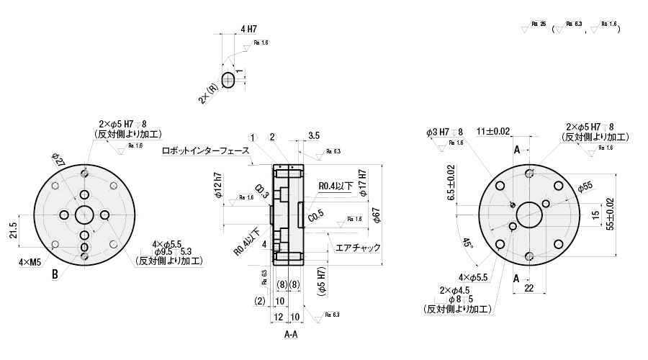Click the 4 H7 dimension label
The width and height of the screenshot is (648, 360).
tap(248, 30)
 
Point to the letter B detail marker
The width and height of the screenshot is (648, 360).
tap(54, 274)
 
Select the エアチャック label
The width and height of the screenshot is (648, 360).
tap(358, 248)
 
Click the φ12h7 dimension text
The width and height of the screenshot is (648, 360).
tap(217, 186)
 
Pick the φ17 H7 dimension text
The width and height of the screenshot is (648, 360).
tap(362, 181)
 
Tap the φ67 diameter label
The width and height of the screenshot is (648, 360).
tap(375, 215)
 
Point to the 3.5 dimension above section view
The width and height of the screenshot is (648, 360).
tap(314, 135)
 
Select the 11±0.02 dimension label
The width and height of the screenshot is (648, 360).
tap(493, 131)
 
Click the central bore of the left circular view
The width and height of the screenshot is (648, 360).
tap(84, 215)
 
